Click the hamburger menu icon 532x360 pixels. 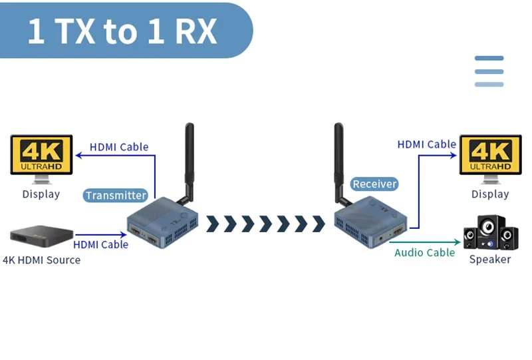(489, 71)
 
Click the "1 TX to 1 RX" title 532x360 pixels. (122, 32)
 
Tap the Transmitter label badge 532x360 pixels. (116, 196)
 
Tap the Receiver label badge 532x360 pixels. (374, 184)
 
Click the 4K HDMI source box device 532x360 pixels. (41, 236)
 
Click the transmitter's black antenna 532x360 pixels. (190, 160)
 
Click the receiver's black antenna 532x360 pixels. (338, 160)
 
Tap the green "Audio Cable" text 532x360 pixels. (424, 253)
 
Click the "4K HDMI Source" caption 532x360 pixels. (41, 260)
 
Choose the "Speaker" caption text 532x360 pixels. (490, 260)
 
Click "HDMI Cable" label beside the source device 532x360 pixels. (100, 245)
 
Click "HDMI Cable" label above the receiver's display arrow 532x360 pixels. (426, 144)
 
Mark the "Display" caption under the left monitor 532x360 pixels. (41, 194)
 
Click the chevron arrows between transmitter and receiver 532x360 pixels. (265, 224)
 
